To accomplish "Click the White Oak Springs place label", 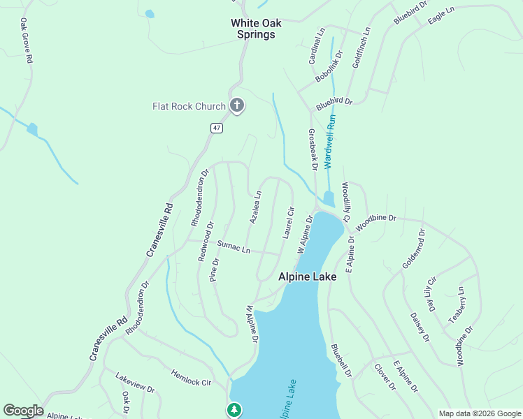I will click(x=256, y=29).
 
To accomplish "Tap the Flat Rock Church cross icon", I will click(x=237, y=106).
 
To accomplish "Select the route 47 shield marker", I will click(x=217, y=127).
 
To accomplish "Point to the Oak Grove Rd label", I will click(x=26, y=43).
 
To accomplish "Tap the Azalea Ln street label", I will click(x=256, y=207).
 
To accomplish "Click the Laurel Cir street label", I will click(x=288, y=223).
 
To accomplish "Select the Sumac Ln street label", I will click(x=234, y=247).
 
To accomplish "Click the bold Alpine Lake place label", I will click(x=308, y=277).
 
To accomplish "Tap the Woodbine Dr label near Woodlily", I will click(x=375, y=223).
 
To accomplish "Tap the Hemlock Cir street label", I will click(x=191, y=378).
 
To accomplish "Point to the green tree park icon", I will click(x=235, y=409).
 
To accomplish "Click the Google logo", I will click(x=22, y=411).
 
